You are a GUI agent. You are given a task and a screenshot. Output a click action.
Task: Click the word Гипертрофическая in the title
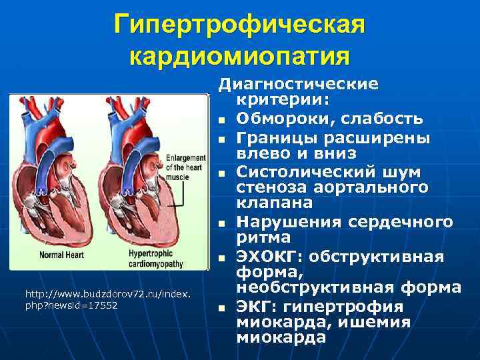coord(239,25)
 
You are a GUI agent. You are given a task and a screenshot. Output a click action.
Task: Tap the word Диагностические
coord(299,85)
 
